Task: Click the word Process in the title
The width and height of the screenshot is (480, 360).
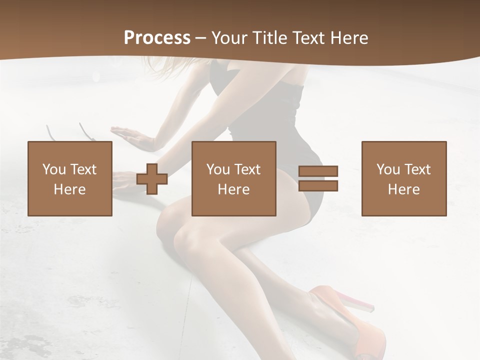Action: pos(157,37)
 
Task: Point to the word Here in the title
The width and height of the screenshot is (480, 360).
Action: pos(348,38)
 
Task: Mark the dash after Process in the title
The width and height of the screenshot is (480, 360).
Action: pos(200,38)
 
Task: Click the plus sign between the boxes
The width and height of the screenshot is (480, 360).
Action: pos(152,179)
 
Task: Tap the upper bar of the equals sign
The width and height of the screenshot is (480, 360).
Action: pos(318,171)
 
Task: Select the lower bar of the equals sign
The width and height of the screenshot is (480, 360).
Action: pos(318,186)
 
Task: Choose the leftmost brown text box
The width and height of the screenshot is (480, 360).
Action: pos(70,178)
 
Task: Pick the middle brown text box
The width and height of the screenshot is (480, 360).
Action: pos(234,178)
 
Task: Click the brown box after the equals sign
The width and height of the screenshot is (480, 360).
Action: pos(404,178)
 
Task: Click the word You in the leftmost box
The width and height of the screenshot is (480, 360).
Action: pos(53,169)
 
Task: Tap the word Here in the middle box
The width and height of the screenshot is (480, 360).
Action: pos(234,189)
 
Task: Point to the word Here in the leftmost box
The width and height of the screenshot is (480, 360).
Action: pos(70,189)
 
